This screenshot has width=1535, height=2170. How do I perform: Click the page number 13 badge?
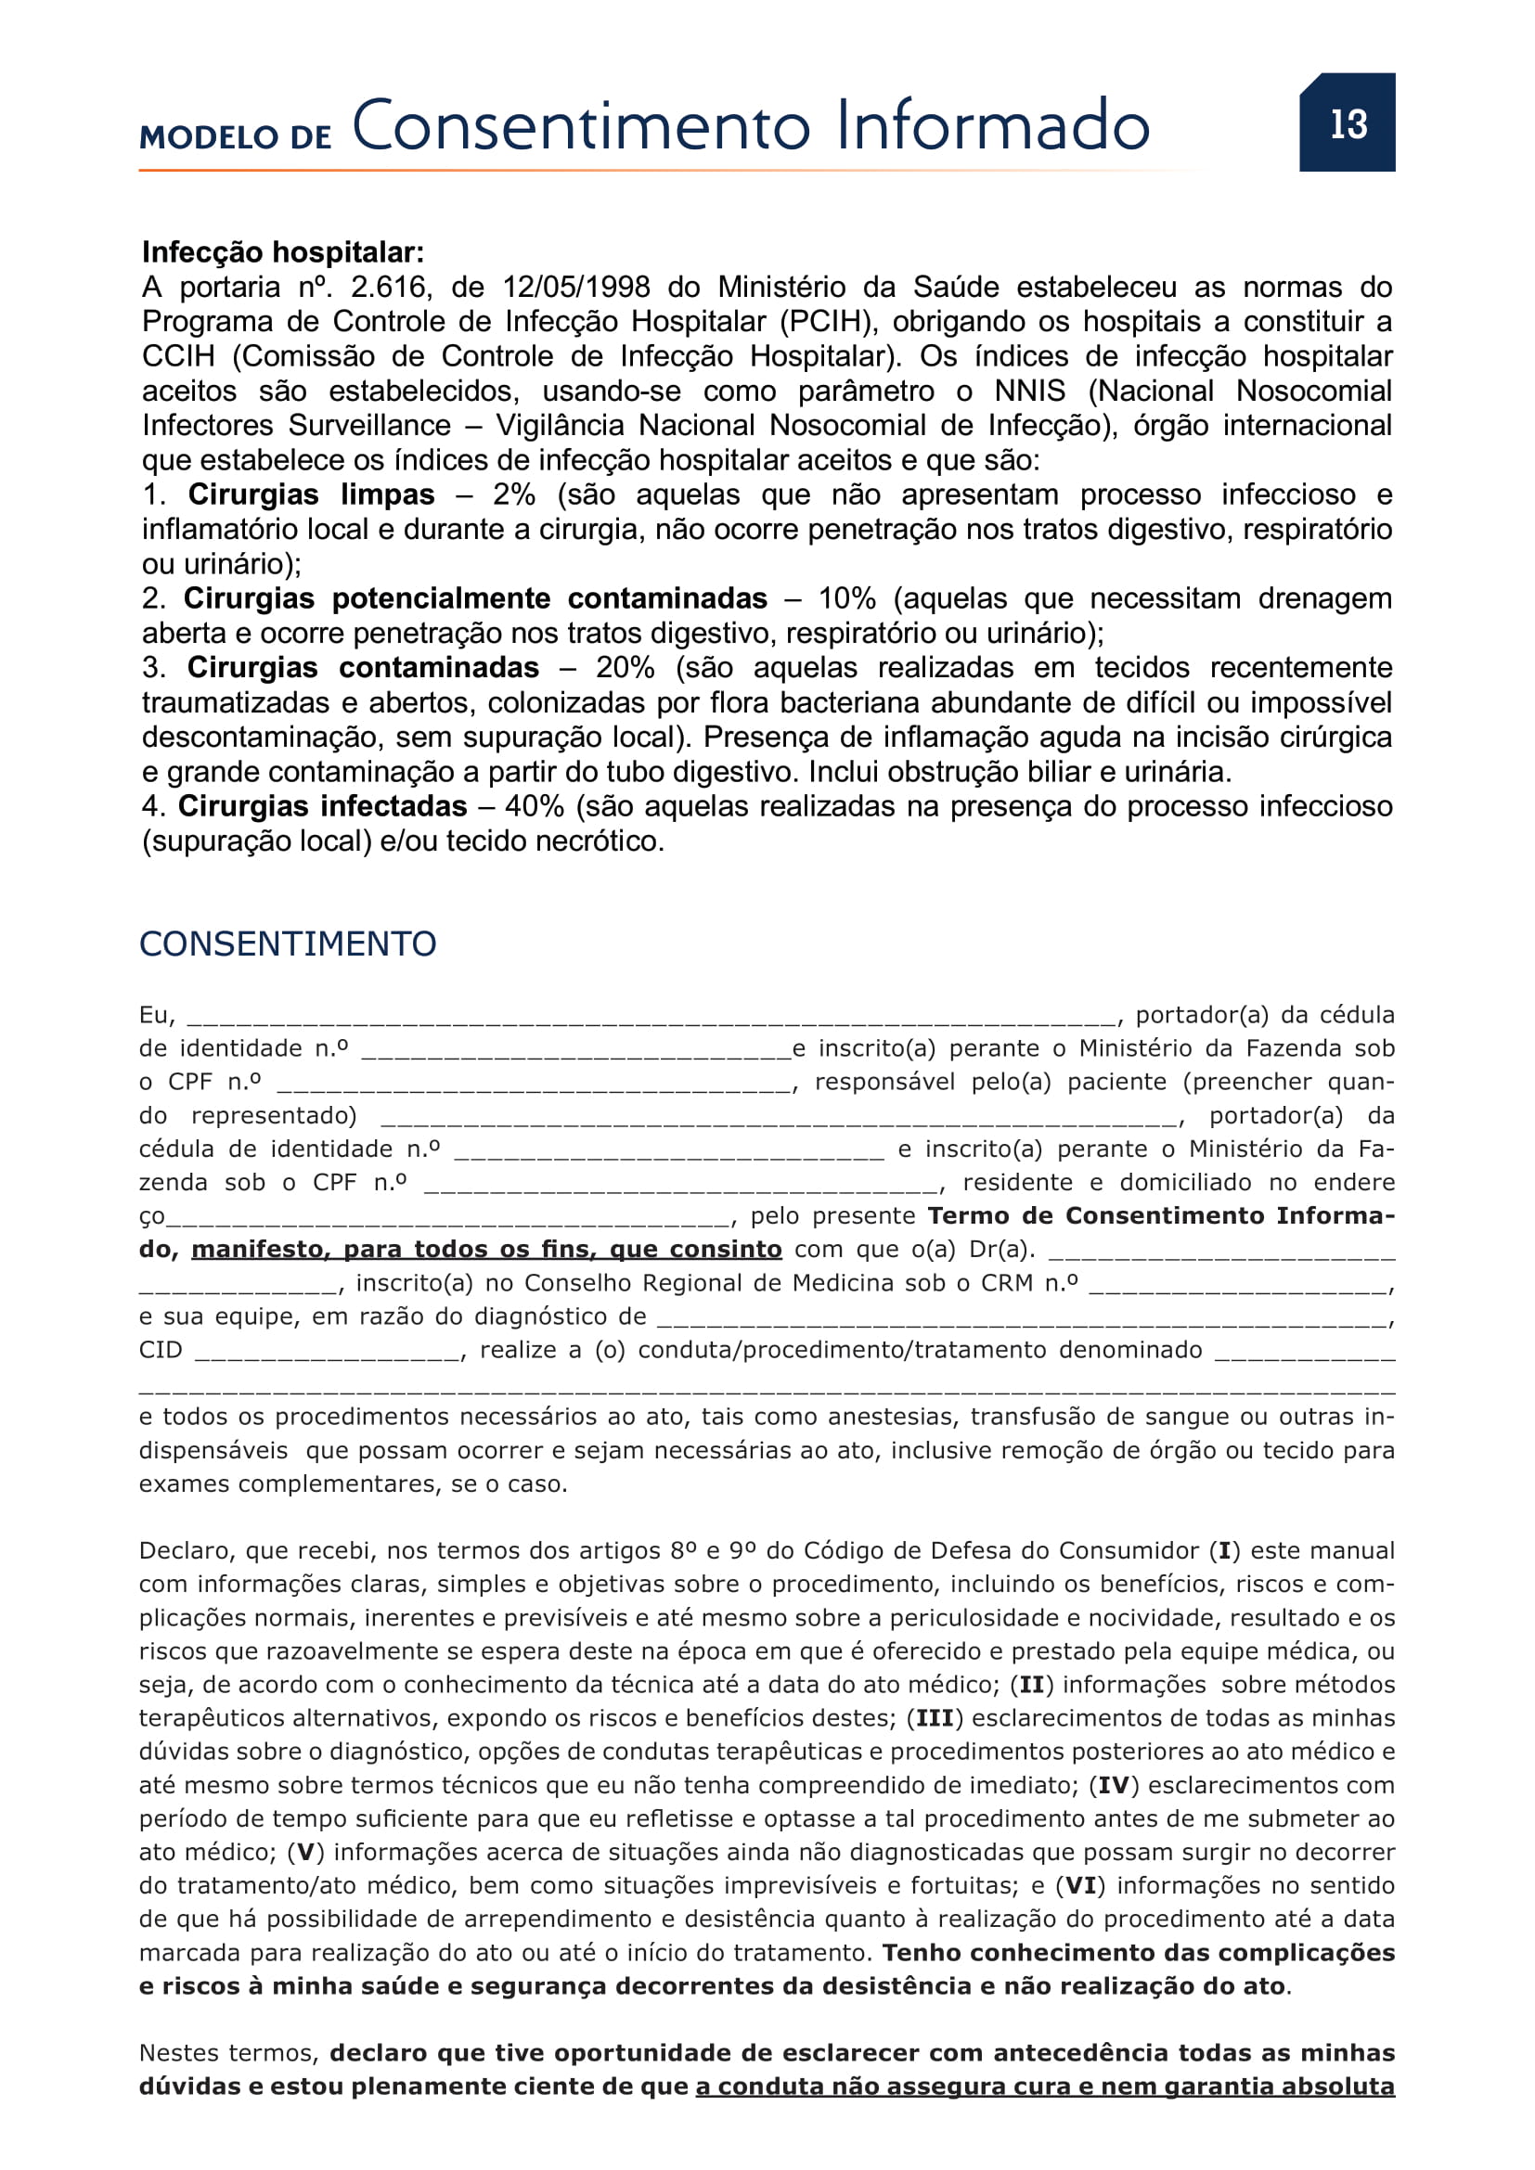pyautogui.click(x=1347, y=122)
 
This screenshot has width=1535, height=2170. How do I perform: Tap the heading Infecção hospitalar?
pyautogui.click(x=283, y=252)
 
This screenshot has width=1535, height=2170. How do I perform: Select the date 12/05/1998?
pyautogui.click(x=575, y=288)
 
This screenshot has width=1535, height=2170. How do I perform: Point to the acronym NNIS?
pyautogui.click(x=1029, y=392)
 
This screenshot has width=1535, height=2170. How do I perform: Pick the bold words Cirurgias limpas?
pyautogui.click(x=311, y=495)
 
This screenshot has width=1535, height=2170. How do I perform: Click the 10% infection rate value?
pyautogui.click(x=846, y=599)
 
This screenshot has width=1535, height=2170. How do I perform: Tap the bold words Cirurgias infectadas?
pyautogui.click(x=322, y=807)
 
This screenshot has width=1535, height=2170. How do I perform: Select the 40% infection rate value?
pyautogui.click(x=534, y=807)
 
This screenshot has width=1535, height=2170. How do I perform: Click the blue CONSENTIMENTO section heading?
pyautogui.click(x=288, y=944)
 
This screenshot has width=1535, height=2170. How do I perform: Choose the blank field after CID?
pyautogui.click(x=328, y=1353)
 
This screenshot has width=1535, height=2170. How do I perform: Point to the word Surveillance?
pyautogui.click(x=369, y=426)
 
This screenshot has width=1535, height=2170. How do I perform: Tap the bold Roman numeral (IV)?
pyautogui.click(x=1114, y=1785)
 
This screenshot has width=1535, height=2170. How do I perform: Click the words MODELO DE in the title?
pyautogui.click(x=236, y=138)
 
